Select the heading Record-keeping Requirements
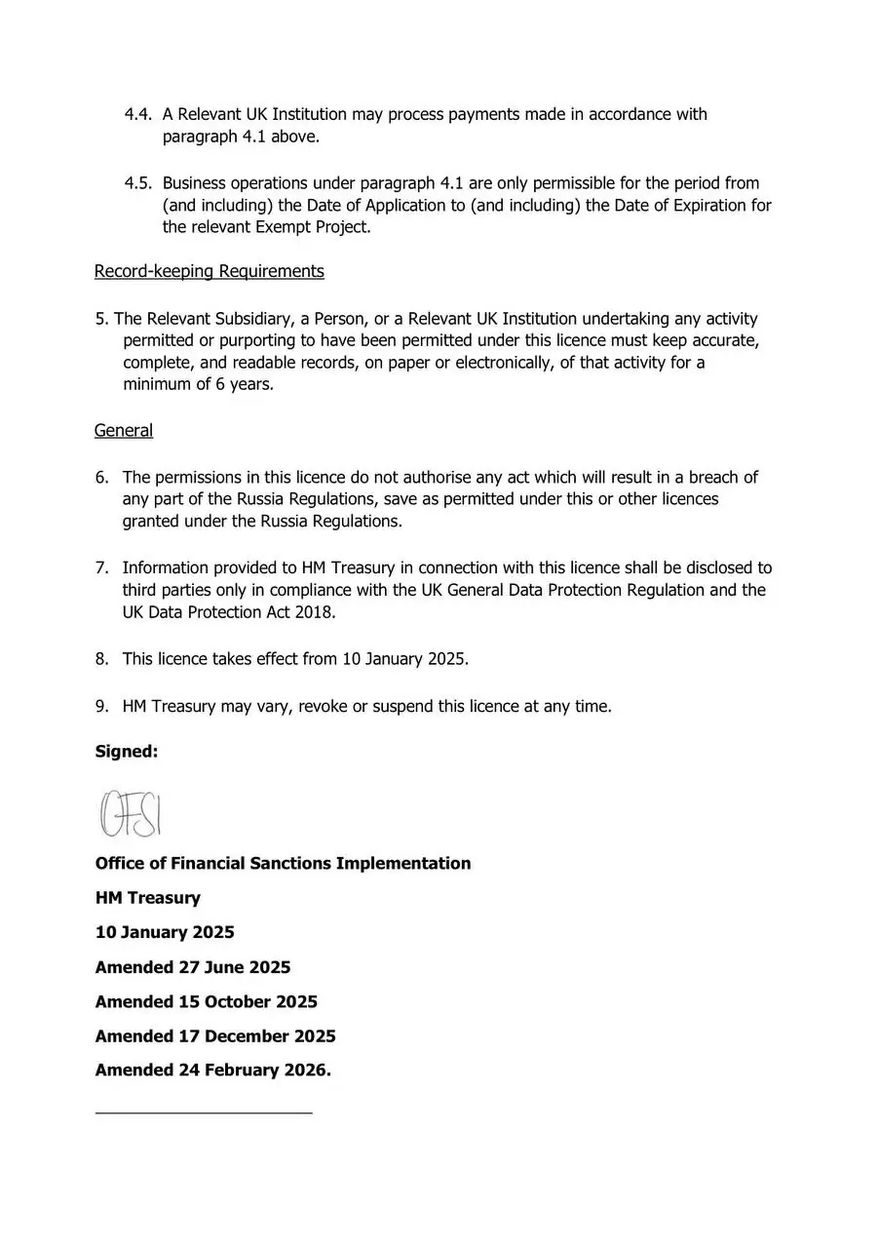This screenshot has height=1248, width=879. [209, 271]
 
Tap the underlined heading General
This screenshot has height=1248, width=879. [124, 430]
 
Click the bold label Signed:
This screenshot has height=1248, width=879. [127, 752]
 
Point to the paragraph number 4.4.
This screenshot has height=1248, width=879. [137, 115]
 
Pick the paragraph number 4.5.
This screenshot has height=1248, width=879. [137, 183]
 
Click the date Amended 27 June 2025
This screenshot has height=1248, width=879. [193, 967]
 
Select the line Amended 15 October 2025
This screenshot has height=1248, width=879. [207, 1001]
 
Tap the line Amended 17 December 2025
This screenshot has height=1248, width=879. [215, 1035]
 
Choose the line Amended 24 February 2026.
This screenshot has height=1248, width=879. [213, 1070]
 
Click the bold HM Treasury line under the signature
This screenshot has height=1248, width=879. [148, 898]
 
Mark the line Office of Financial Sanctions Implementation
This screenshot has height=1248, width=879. [283, 864]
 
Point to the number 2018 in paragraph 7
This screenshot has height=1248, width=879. [316, 612]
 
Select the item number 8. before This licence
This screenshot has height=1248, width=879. [102, 659]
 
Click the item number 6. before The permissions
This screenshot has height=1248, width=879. [102, 478]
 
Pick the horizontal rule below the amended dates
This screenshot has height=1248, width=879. [204, 1111]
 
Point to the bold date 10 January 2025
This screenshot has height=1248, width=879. [165, 932]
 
